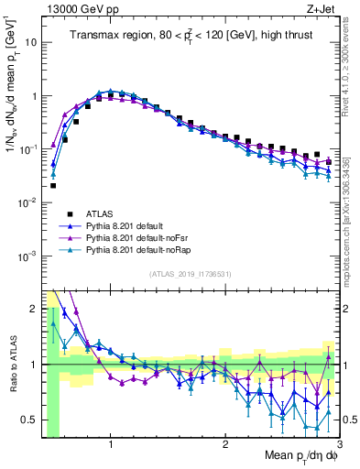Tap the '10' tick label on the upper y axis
[33, 42]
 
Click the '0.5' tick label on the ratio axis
[30, 419]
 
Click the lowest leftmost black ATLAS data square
[53, 185]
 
